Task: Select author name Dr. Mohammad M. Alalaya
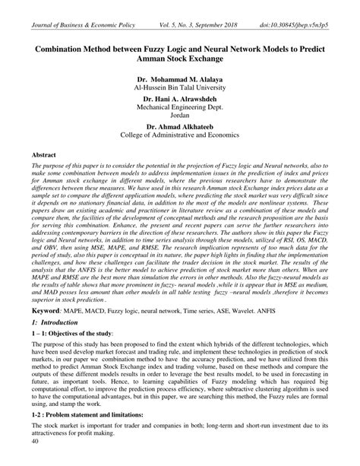point(180,78)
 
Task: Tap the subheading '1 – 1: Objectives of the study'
point(71,335)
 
